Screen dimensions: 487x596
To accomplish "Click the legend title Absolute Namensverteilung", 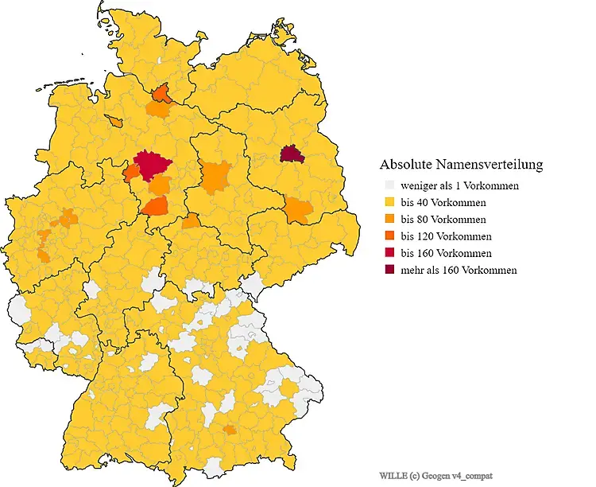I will [x=461, y=165].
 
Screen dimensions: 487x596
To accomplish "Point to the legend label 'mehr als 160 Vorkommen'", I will [x=459, y=270].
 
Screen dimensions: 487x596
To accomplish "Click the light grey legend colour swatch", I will [x=389, y=185].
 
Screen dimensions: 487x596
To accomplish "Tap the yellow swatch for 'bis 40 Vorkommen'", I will [x=389, y=202].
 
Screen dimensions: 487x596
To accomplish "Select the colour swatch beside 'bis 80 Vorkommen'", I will [x=389, y=219].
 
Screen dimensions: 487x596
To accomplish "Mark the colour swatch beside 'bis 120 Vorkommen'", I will [x=389, y=236].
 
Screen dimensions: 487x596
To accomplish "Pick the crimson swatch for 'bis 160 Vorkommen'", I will [x=389, y=253].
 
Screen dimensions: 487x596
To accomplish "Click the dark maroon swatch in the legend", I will [x=389, y=270].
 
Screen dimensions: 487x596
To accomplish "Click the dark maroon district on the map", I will [x=292, y=154].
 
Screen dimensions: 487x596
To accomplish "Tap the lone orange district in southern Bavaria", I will [x=230, y=430].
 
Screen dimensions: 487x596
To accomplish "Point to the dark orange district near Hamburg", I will [x=162, y=95].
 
